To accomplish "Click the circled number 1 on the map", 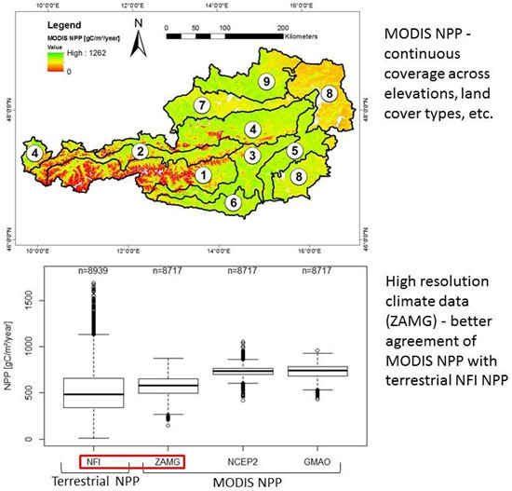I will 204,172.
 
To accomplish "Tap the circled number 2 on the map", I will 140,151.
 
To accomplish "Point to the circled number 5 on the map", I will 294,150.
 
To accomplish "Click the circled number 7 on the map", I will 201,105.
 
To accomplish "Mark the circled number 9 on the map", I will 267,83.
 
